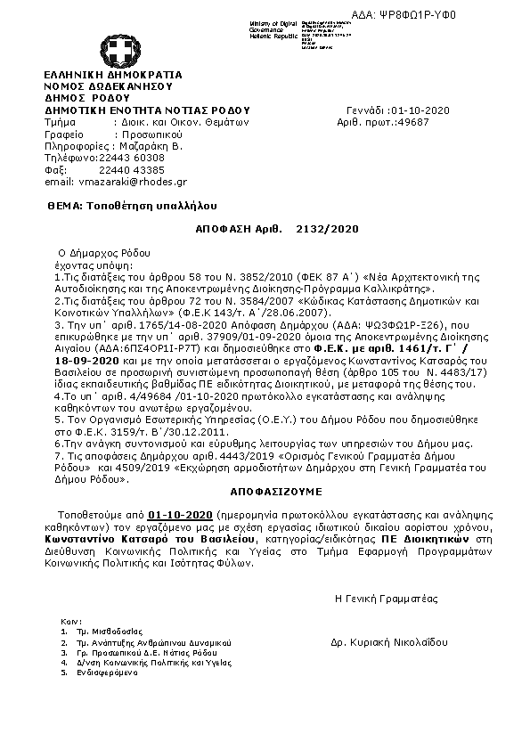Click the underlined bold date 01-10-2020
[x=180, y=515]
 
